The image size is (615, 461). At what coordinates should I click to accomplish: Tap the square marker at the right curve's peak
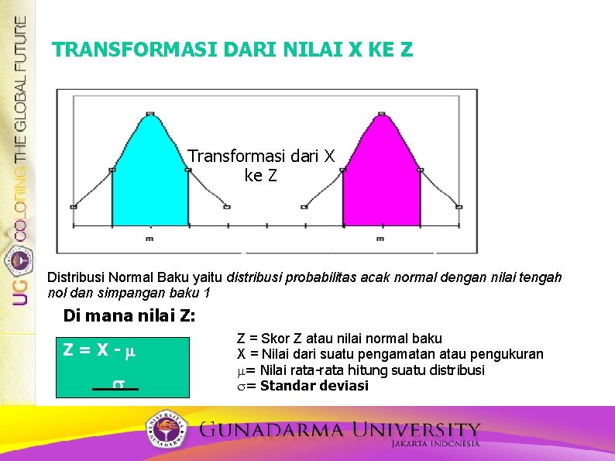[x=381, y=114]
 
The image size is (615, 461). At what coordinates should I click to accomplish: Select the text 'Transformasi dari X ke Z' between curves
[x=261, y=166]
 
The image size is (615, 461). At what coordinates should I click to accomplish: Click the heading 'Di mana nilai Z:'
[x=129, y=316]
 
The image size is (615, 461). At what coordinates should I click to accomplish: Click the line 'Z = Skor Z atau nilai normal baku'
[x=338, y=339]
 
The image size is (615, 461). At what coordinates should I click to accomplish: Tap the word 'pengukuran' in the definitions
[x=510, y=354]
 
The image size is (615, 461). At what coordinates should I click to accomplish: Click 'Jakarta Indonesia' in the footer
[x=435, y=444]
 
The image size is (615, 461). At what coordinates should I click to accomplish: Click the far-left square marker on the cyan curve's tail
[x=74, y=207]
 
